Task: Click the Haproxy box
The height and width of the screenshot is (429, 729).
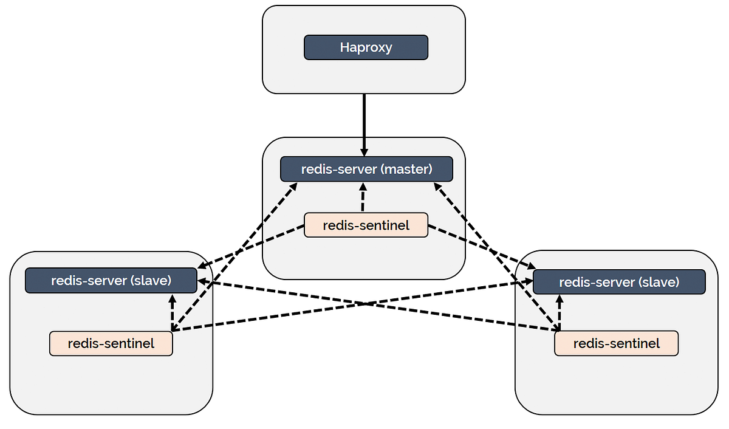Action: click(366, 47)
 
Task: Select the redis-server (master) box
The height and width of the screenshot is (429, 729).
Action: click(366, 169)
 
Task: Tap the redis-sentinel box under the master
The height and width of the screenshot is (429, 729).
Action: click(366, 225)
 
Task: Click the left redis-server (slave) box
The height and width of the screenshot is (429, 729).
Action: click(111, 281)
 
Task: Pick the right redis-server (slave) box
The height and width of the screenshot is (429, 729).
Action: click(618, 282)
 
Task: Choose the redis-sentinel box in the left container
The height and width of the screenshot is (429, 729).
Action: click(111, 344)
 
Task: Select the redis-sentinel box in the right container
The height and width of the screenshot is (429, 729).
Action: click(616, 344)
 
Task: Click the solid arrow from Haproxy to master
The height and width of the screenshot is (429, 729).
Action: click(364, 122)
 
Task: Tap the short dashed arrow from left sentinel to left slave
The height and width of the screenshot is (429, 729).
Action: click(172, 313)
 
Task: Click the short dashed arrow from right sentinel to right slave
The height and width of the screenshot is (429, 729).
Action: click(559, 313)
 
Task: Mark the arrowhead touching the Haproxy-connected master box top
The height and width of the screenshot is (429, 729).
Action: click(364, 151)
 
